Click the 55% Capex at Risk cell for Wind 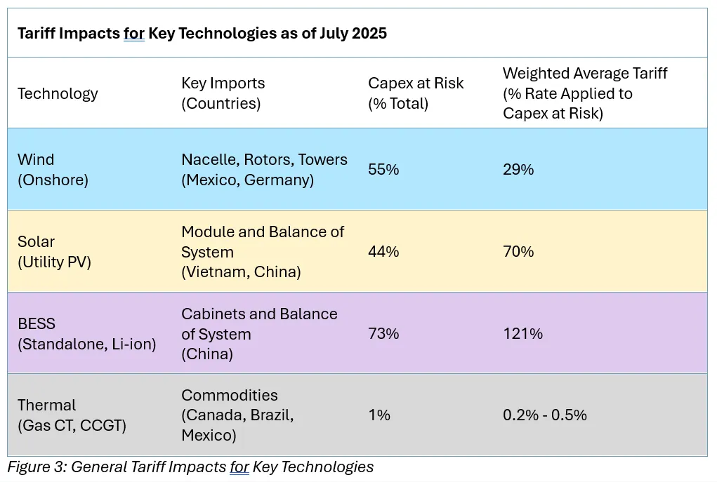pyautogui.click(x=383, y=170)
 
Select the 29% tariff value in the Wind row pyautogui.click(x=518, y=170)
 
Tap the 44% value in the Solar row pyautogui.click(x=383, y=251)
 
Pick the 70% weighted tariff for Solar pyautogui.click(x=518, y=251)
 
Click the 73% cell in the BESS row pyautogui.click(x=383, y=333)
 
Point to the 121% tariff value pyautogui.click(x=522, y=333)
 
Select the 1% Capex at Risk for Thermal pyautogui.click(x=379, y=415)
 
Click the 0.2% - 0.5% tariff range pyautogui.click(x=544, y=415)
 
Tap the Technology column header pyautogui.click(x=58, y=93)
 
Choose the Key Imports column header pyautogui.click(x=223, y=93)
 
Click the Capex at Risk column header pyautogui.click(x=416, y=93)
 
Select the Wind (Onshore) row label pyautogui.click(x=53, y=170)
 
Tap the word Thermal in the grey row pyautogui.click(x=46, y=405)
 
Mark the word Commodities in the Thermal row pyautogui.click(x=229, y=395)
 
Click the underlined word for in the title pyautogui.click(x=134, y=33)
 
